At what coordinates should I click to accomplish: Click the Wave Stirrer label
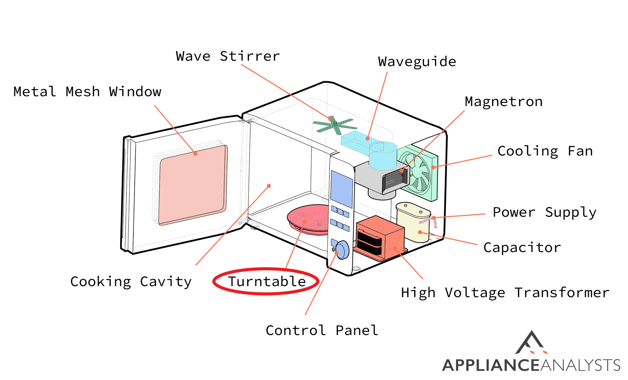pyautogui.click(x=228, y=56)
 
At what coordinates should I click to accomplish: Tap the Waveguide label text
pyautogui.click(x=417, y=62)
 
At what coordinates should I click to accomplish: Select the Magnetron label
pyautogui.click(x=504, y=102)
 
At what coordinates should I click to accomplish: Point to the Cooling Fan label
pyautogui.click(x=545, y=151)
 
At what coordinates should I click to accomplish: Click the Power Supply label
pyautogui.click(x=544, y=212)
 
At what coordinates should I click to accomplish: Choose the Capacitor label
pyautogui.click(x=522, y=248)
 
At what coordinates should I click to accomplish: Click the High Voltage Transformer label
pyautogui.click(x=505, y=293)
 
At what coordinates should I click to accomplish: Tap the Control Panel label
pyautogui.click(x=322, y=330)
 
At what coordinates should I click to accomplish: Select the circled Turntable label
pyautogui.click(x=266, y=281)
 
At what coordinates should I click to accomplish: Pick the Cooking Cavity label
pyautogui.click(x=131, y=282)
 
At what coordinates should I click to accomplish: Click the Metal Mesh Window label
pyautogui.click(x=87, y=92)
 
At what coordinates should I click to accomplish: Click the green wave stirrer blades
pyautogui.click(x=335, y=125)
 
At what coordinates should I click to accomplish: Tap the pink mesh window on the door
pyautogui.click(x=193, y=185)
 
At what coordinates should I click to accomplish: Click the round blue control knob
pyautogui.click(x=342, y=250)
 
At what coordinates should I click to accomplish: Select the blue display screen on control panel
pyautogui.click(x=342, y=188)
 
